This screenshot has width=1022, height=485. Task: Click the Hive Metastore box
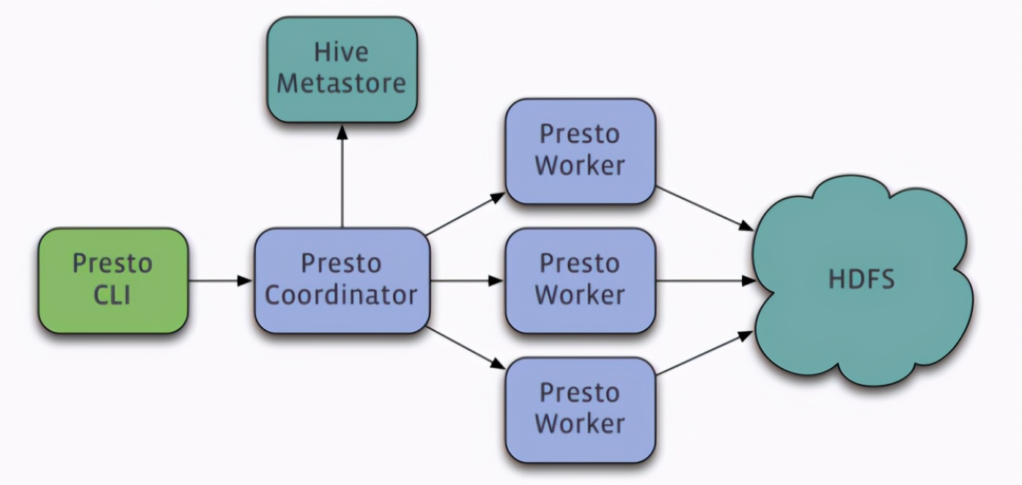(342, 70)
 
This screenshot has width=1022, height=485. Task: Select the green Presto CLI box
(113, 281)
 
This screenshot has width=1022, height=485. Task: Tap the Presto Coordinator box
(342, 281)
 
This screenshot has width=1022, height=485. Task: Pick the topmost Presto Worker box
(581, 152)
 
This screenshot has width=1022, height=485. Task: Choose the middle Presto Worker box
(581, 281)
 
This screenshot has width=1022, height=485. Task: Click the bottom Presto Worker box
(581, 410)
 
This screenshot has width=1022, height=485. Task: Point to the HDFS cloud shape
(862, 281)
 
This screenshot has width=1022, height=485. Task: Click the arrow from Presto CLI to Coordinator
(221, 281)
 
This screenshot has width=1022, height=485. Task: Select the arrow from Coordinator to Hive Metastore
(342, 177)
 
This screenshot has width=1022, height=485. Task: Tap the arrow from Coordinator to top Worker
(466, 214)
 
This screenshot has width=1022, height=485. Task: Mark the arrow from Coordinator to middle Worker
(467, 281)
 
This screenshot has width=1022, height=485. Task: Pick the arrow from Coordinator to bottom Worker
(466, 348)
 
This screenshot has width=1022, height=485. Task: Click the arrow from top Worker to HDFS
(705, 208)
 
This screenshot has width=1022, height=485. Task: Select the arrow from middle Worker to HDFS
(706, 281)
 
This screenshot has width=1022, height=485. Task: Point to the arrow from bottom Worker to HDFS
(705, 353)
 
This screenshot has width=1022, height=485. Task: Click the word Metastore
(341, 84)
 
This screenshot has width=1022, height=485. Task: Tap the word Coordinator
(341, 295)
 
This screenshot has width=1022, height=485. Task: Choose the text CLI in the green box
(112, 295)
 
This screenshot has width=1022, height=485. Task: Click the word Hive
(341, 52)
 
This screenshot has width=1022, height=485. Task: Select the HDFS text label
(861, 279)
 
